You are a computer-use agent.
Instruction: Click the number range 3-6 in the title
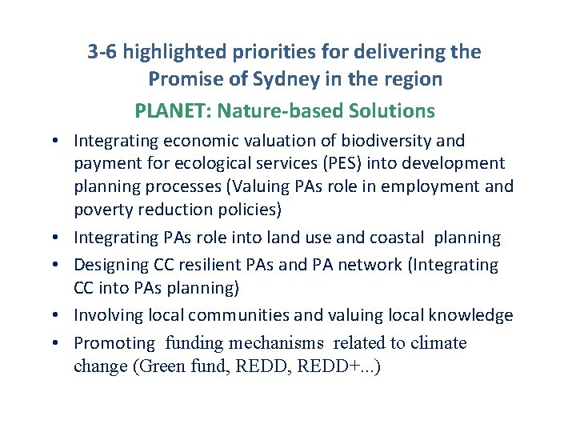coord(102,53)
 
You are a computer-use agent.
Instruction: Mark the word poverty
coord(100,210)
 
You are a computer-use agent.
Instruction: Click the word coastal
coord(398,238)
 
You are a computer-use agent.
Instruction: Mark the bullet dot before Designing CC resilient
coord(61,265)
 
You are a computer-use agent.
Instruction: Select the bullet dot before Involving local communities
coord(61,316)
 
